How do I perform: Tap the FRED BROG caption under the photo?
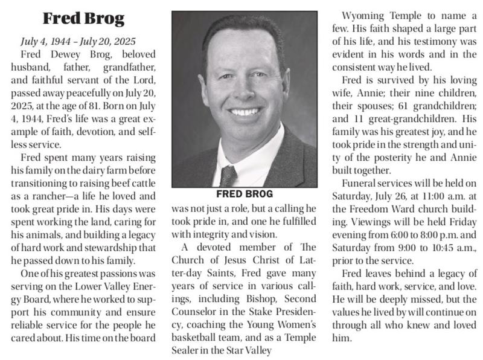click(x=245, y=194)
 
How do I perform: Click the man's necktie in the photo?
click(x=228, y=176)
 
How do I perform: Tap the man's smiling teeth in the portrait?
click(x=245, y=112)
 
